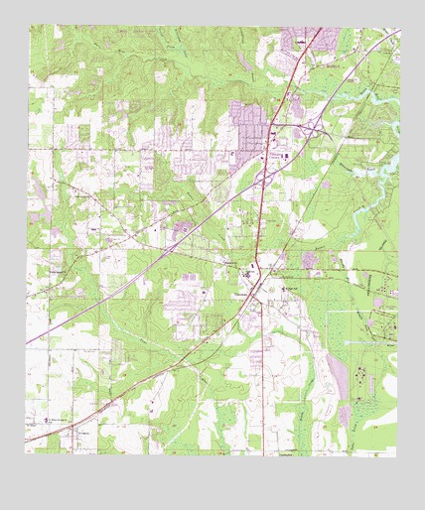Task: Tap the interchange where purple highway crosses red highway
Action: pyautogui.click(x=263, y=174)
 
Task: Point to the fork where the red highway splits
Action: pyautogui.click(x=256, y=288)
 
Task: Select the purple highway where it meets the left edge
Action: pyautogui.click(x=27, y=343)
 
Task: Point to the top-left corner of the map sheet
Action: pyautogui.click(x=27, y=28)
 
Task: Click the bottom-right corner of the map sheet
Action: pyautogui.click(x=399, y=453)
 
